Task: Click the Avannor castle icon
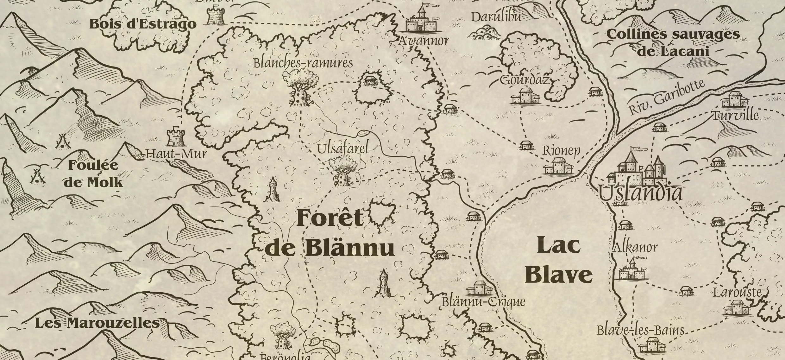coord(421,20)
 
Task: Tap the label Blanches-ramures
coord(303,63)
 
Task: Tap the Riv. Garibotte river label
coord(666,98)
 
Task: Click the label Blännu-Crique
coord(483,302)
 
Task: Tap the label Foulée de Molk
coord(93,174)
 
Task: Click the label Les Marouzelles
coord(97,323)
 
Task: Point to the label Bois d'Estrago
coord(142,24)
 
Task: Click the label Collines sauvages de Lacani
coord(673,43)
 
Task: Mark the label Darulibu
coord(496,17)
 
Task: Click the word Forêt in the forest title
coord(329,219)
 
